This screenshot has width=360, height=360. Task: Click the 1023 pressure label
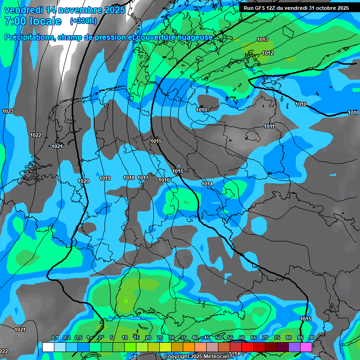pos(8,111)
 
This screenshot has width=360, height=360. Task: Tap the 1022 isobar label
pos(36,135)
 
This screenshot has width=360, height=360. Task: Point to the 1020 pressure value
pos(83,181)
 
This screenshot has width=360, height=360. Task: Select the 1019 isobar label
pos(105,178)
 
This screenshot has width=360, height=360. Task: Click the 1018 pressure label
pos(129,178)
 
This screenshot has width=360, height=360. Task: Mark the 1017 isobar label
pos(143,178)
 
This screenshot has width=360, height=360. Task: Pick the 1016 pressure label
pos(164,180)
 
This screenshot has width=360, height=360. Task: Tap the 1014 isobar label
pos(207,184)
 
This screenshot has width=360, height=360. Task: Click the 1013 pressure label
pos(262,39)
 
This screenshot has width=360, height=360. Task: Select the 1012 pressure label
pos(268,53)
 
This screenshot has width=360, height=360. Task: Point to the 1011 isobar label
pos(269,126)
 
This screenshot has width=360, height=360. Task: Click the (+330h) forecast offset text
pos(83,21)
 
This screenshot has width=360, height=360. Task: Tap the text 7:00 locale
pos(33,21)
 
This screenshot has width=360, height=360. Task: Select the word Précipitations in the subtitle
pos(28,37)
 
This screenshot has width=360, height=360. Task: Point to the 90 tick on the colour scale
pos(312,338)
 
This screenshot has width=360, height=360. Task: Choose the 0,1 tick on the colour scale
pos(54,338)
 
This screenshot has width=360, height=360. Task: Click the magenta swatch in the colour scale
pos(306,347)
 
